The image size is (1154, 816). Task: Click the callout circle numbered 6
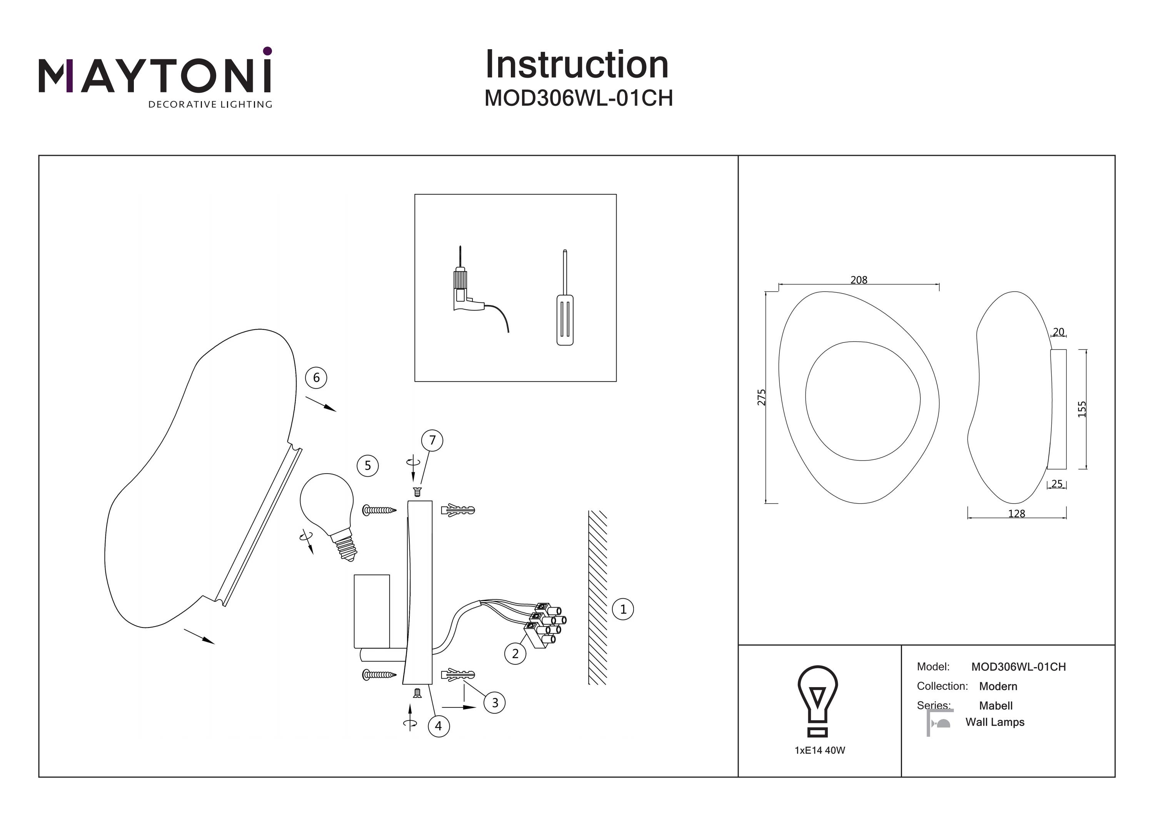[316, 377]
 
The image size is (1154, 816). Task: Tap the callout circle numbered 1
[623, 609]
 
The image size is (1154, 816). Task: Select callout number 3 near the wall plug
[495, 703]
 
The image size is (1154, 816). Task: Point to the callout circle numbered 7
[432, 441]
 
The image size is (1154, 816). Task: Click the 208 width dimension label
[859, 280]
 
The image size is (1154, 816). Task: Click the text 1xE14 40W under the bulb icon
[820, 750]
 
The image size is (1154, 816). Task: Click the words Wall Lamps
[995, 722]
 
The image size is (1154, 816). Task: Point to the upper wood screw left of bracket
[379, 510]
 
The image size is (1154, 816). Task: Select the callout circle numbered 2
[515, 654]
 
